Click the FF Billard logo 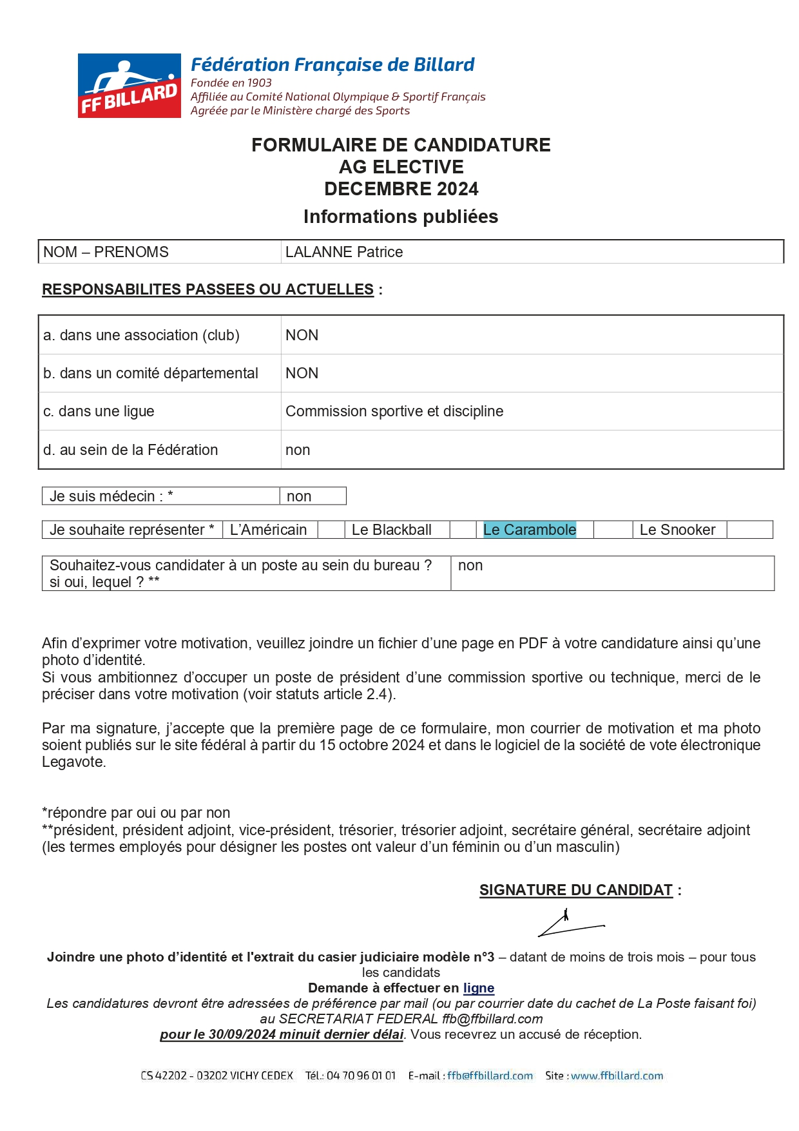pyautogui.click(x=129, y=86)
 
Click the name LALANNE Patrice pyautogui.click(x=344, y=252)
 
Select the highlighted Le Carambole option pyautogui.click(x=529, y=530)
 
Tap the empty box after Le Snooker pyautogui.click(x=749, y=530)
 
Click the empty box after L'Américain pyautogui.click(x=331, y=530)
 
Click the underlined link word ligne pyautogui.click(x=478, y=988)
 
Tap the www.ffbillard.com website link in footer pyautogui.click(x=617, y=1076)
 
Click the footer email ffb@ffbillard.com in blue pyautogui.click(x=490, y=1076)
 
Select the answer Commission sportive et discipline pyautogui.click(x=394, y=411)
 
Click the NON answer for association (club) pyautogui.click(x=302, y=335)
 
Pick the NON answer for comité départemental pyautogui.click(x=302, y=373)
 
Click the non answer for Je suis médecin pyautogui.click(x=299, y=496)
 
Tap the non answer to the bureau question pyautogui.click(x=470, y=565)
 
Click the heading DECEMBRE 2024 pyautogui.click(x=401, y=189)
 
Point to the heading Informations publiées pyautogui.click(x=401, y=217)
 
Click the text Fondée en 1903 pyautogui.click(x=231, y=82)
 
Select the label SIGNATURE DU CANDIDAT pyautogui.click(x=576, y=890)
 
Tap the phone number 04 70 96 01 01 pyautogui.click(x=361, y=1076)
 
